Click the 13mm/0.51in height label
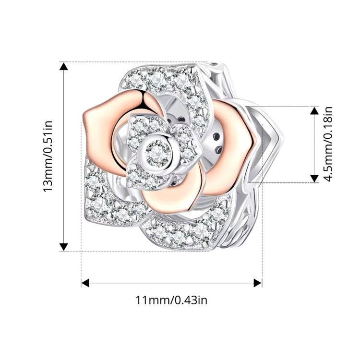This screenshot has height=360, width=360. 48,156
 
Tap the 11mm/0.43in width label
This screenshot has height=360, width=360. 171,300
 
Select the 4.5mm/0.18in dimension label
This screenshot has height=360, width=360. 328,144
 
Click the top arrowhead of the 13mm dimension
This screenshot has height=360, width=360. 63,66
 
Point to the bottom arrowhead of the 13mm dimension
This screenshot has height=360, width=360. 63,247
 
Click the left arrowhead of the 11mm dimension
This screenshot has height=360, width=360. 85,283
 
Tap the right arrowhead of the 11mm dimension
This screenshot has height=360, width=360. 258,283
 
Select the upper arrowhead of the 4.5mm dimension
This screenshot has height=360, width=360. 314,110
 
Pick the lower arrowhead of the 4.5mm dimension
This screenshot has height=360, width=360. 314,179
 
